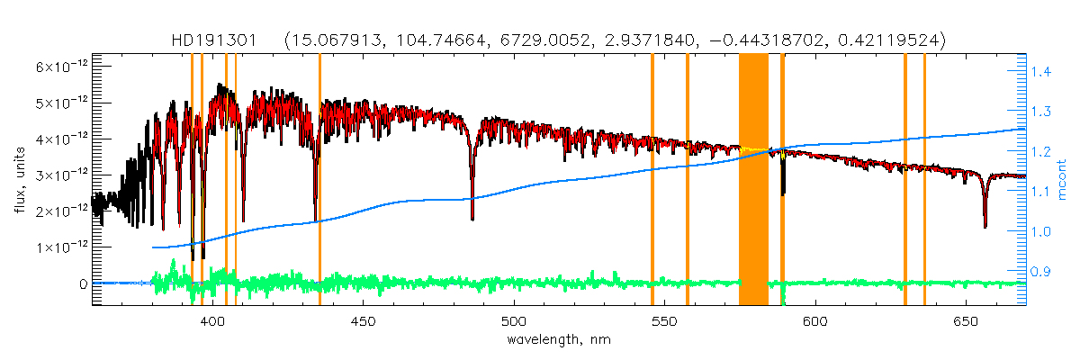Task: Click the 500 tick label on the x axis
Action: [x=513, y=321]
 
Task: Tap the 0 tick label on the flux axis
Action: [x=83, y=283]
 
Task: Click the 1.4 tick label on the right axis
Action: [x=1041, y=71]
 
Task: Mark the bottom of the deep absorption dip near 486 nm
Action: [x=472, y=217]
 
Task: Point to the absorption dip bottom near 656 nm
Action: [x=985, y=225]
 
